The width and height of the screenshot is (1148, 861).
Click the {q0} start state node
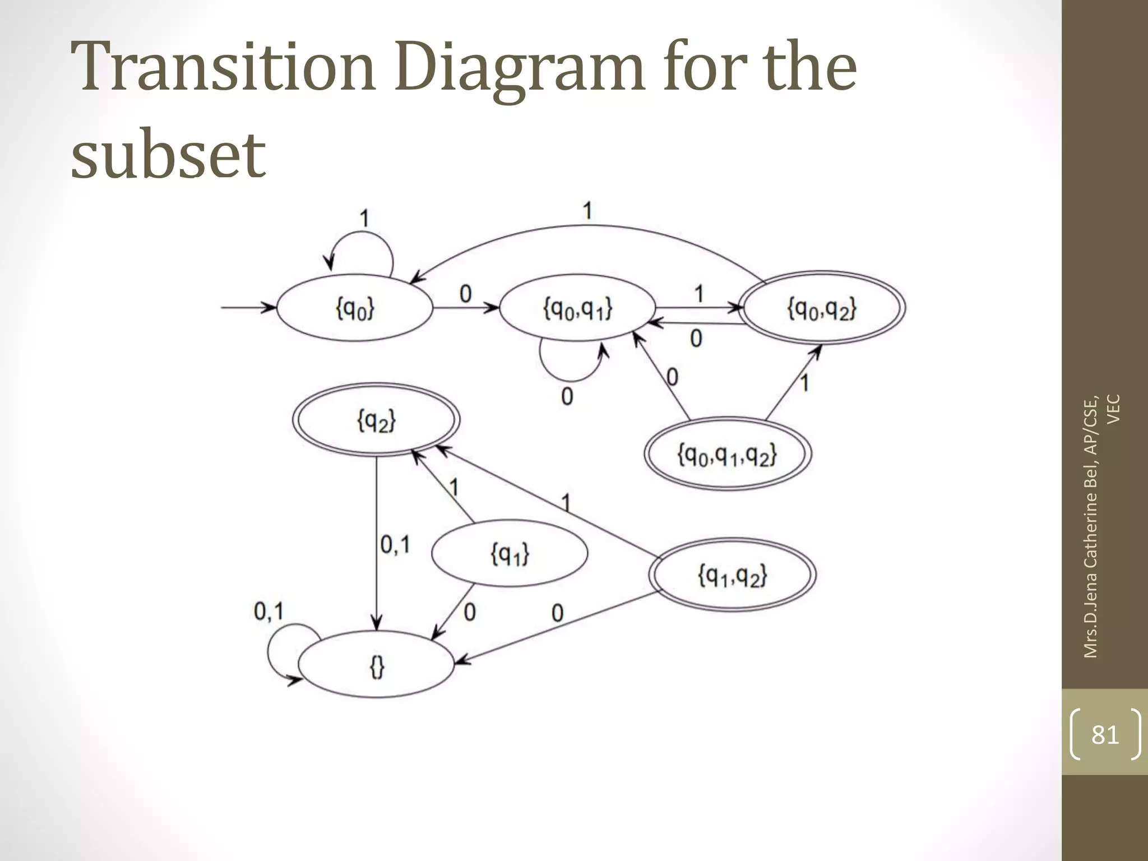[x=355, y=308]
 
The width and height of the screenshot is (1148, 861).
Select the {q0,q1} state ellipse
[x=577, y=308]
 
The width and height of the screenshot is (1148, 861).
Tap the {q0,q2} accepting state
[x=822, y=308]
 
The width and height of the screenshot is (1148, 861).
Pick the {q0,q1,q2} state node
[x=728, y=453]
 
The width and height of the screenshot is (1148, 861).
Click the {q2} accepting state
[x=376, y=419]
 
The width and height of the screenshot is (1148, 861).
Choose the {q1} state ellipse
[x=510, y=553]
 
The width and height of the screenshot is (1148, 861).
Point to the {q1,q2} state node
[x=732, y=575]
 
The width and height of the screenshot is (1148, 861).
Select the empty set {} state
[x=376, y=665]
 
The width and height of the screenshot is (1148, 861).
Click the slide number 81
[x=1105, y=734]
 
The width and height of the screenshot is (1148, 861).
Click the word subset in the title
[x=168, y=153]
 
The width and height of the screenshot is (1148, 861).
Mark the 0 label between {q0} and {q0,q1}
[x=465, y=294]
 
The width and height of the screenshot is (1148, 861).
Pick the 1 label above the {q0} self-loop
[x=364, y=218]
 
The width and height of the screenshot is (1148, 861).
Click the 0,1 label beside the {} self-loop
[x=269, y=611]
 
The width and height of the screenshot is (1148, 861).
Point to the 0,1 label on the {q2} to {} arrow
[x=395, y=544]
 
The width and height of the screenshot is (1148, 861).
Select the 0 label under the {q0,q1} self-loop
[x=567, y=397]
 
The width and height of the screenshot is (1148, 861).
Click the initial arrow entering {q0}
[x=247, y=307]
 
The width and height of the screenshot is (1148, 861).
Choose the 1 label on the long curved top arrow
[x=587, y=211]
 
